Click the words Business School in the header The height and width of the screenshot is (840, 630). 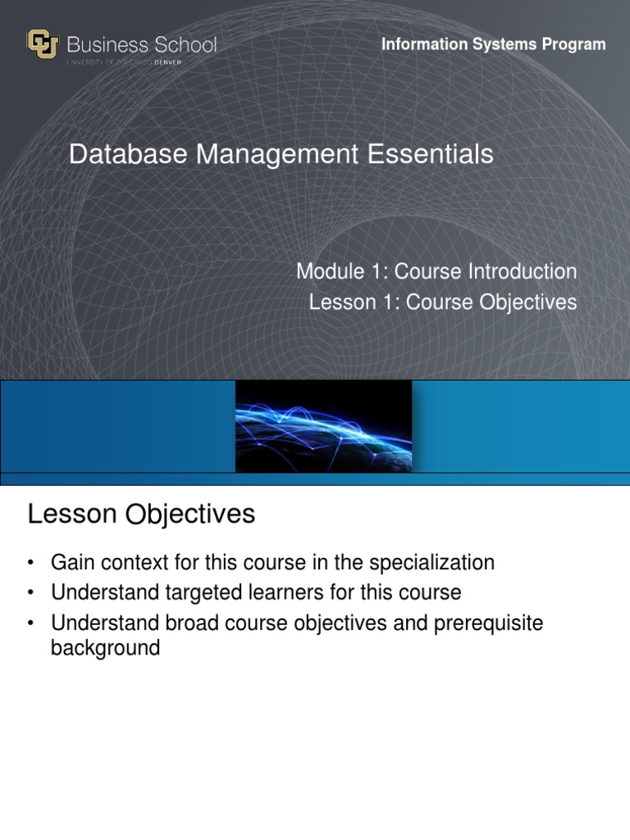pyautogui.click(x=142, y=44)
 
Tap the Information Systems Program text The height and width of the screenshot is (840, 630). pyautogui.click(x=493, y=44)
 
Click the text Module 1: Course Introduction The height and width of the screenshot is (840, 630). pyautogui.click(x=436, y=271)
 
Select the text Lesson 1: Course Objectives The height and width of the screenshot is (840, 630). pyautogui.click(x=443, y=302)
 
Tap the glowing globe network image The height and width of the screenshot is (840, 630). pyautogui.click(x=323, y=426)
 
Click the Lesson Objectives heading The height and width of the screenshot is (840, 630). pyautogui.click(x=141, y=514)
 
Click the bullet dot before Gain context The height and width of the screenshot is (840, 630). pyautogui.click(x=31, y=563)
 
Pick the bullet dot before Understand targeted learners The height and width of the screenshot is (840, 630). pyautogui.click(x=31, y=592)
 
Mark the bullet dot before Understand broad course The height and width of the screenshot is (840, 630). pyautogui.click(x=31, y=623)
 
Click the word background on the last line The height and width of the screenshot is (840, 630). pyautogui.click(x=105, y=648)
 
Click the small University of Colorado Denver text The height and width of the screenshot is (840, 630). pyautogui.click(x=141, y=61)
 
